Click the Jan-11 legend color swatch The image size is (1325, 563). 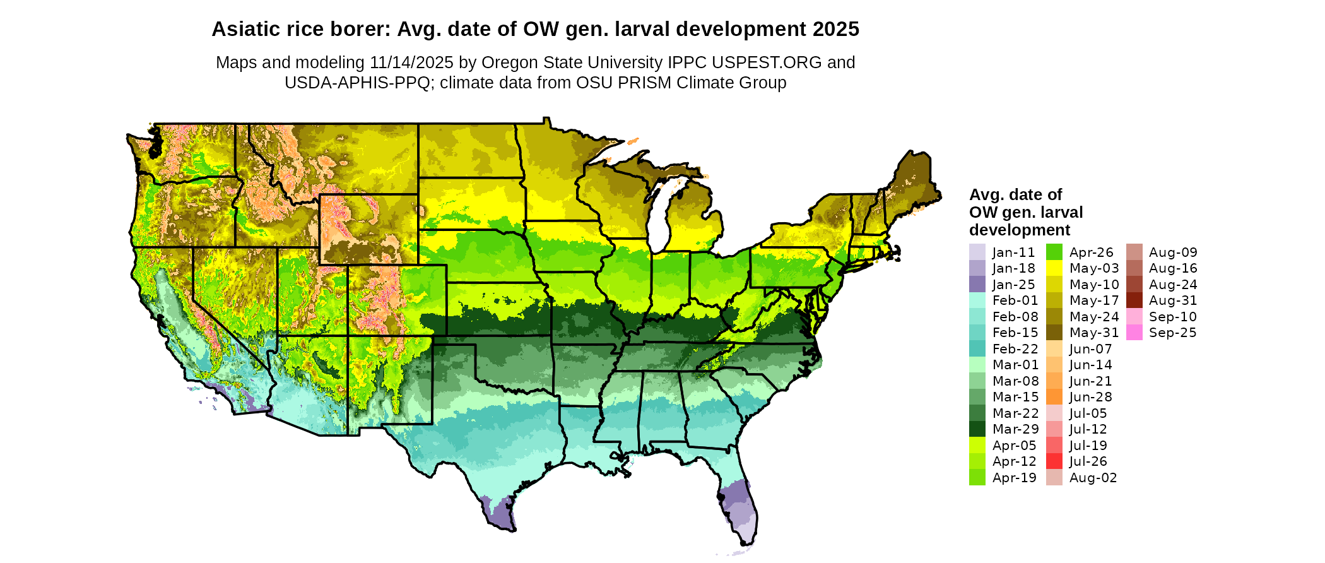coord(977,252)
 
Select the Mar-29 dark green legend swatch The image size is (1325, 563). coord(977,429)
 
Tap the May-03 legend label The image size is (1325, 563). coord(1094,268)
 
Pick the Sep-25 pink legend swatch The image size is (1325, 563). coord(1134,333)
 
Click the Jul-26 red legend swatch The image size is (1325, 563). coord(1054,461)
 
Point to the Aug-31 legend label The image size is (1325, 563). coord(1173,300)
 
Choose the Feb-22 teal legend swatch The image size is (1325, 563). coord(977,348)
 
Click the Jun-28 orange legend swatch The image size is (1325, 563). coord(1054,397)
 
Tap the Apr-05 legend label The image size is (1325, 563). coord(1015,446)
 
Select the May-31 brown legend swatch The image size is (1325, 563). coord(1054,333)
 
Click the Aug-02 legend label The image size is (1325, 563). coord(1093,478)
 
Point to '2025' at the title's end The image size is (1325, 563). coord(836,29)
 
